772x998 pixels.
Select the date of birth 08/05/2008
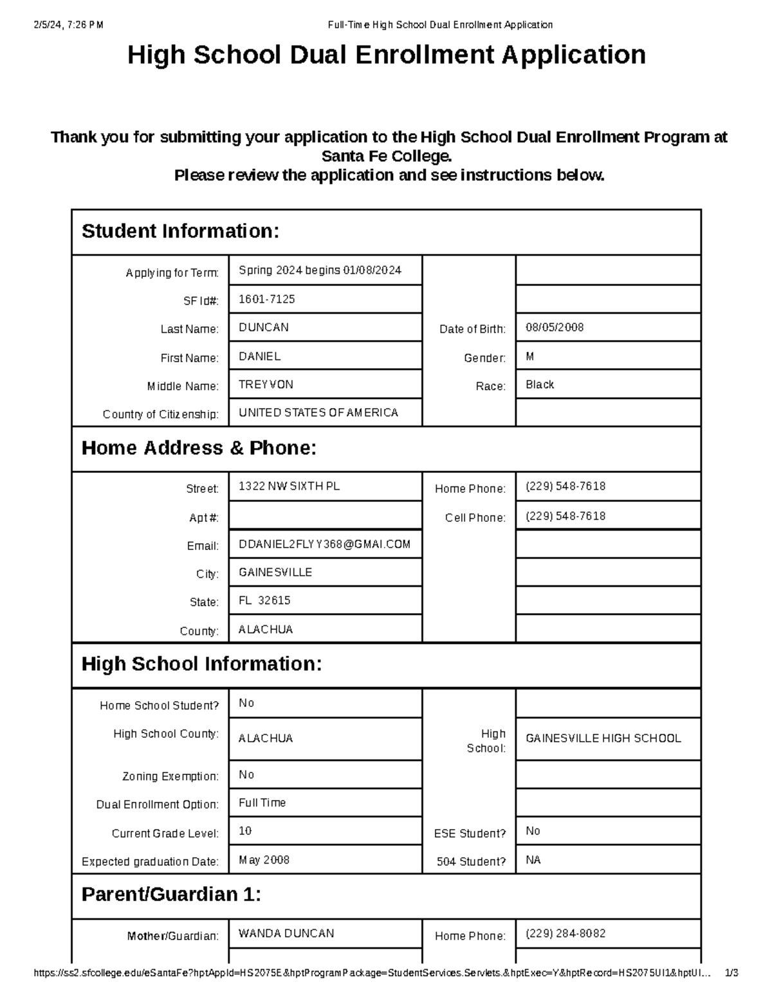coord(554,327)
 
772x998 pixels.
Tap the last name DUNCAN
coord(264,327)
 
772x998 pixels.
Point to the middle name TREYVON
coord(266,384)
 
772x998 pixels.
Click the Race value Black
coord(539,384)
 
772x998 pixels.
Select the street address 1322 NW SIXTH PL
coord(289,486)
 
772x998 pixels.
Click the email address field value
coord(324,544)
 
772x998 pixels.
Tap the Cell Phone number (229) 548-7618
coord(565,516)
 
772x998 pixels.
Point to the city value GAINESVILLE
coord(275,572)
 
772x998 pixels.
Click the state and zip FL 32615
coord(264,600)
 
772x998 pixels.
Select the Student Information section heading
coord(180,231)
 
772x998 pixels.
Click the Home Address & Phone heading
coord(199,448)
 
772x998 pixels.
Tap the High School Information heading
coord(201,664)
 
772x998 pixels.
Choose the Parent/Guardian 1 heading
coord(171,895)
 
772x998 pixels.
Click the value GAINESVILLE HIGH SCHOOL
coord(603,738)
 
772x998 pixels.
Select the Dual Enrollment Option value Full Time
coord(262,803)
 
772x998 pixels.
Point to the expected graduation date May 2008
coord(264,860)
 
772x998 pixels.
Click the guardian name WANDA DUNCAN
coord(286,933)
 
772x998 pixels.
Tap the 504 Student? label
coord(471,862)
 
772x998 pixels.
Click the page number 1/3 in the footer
coord(731,973)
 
